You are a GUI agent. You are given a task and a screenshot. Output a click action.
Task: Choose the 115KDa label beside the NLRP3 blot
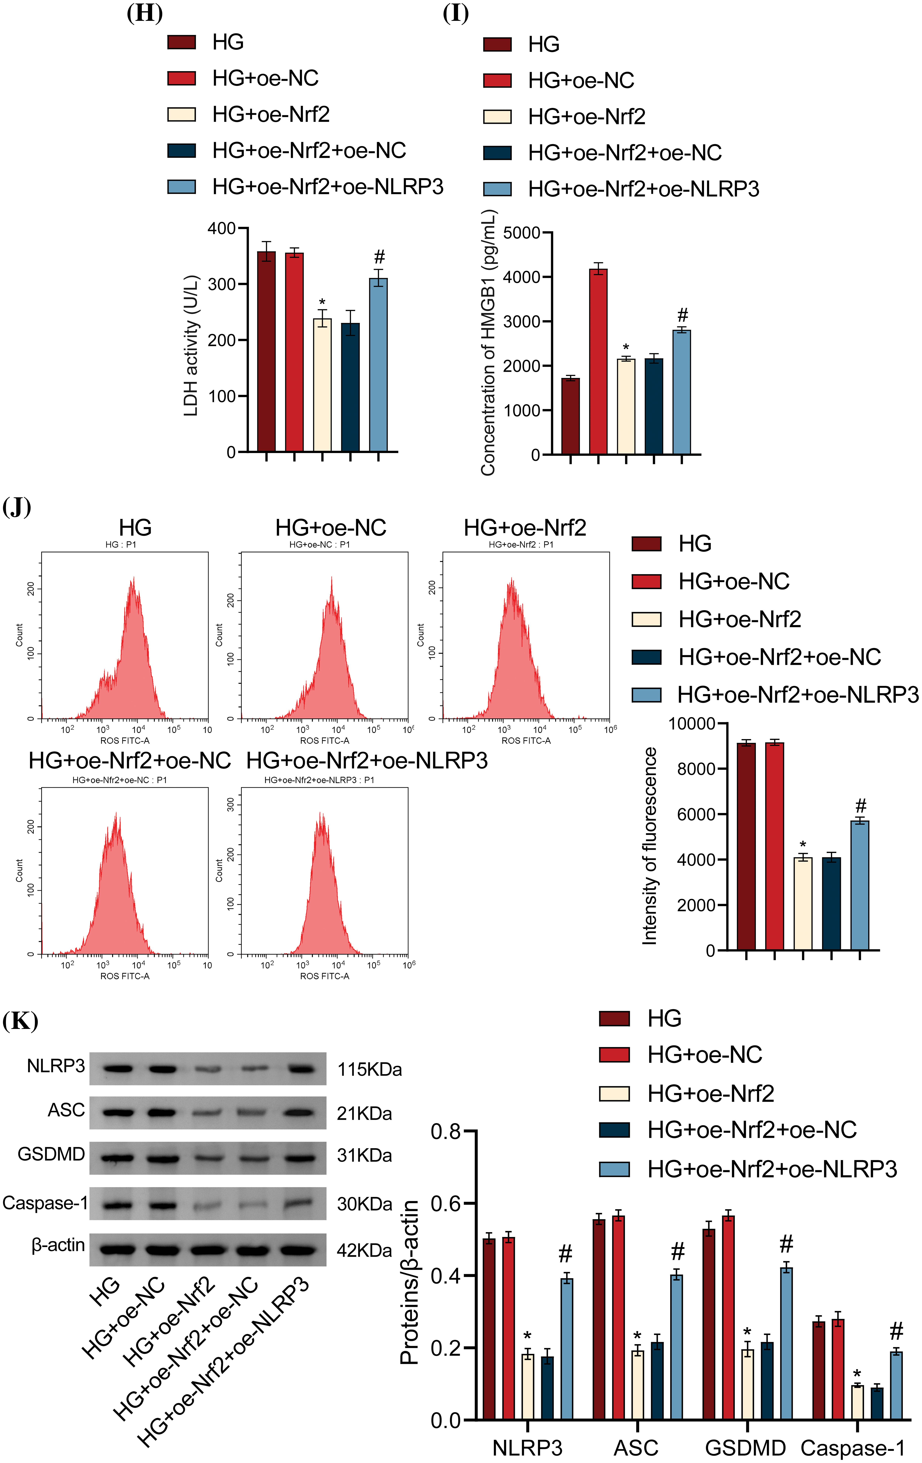369,1069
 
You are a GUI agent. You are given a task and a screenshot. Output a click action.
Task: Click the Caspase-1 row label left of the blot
45,1203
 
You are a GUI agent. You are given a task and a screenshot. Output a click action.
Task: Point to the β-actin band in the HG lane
117,1250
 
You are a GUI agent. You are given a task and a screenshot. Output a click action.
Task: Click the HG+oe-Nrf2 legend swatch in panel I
497,117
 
